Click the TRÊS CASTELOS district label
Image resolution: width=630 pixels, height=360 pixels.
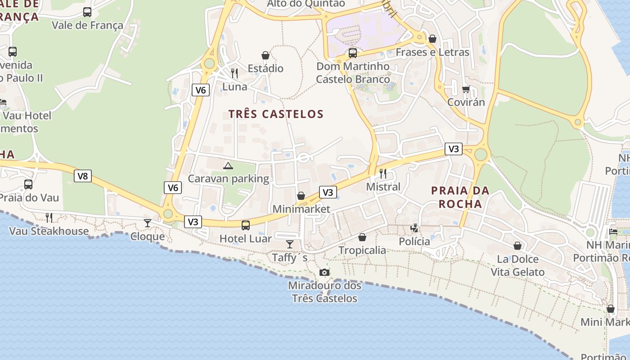click(276, 114)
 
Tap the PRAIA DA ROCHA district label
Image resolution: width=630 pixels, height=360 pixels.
click(460, 197)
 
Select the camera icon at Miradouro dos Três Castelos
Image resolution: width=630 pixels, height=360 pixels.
click(324, 272)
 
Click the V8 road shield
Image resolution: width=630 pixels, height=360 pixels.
click(83, 176)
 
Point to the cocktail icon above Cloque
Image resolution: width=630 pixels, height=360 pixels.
click(148, 223)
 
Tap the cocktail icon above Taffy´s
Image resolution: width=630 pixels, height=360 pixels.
click(290, 244)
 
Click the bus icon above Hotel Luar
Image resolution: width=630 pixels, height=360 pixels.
click(246, 225)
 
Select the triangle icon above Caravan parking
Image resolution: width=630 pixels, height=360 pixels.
click(228, 166)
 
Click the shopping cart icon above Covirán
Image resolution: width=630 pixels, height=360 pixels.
click(466, 89)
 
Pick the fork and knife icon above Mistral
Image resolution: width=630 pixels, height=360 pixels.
click(383, 173)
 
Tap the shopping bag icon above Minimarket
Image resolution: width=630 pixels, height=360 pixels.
click(301, 196)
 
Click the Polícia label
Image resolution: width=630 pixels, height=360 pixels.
click(414, 242)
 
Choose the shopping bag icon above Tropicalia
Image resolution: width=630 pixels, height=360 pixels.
click(362, 237)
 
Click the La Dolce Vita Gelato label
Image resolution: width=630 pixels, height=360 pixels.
click(517, 265)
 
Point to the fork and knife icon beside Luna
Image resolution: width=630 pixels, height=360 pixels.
click(234, 73)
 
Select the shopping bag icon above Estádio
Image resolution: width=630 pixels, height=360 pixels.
click(265, 55)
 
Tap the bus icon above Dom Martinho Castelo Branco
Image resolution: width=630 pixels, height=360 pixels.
click(353, 53)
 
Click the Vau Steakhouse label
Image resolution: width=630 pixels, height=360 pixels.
click(49, 231)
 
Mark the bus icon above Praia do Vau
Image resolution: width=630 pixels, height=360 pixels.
click(28, 184)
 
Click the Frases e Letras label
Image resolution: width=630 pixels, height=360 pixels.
click(432, 52)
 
